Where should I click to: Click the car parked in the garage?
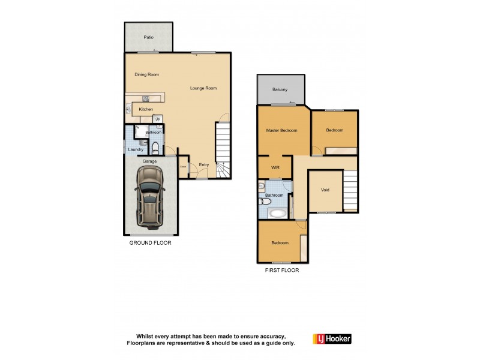(150, 197)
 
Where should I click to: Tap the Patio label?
(148, 37)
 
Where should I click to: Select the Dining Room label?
(146, 74)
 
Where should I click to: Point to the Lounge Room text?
(203, 88)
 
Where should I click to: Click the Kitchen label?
(146, 109)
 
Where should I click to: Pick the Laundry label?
(134, 149)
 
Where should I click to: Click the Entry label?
(204, 165)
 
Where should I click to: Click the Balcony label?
(280, 89)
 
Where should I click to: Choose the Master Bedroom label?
(281, 130)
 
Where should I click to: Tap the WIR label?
(275, 167)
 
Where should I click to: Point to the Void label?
(325, 190)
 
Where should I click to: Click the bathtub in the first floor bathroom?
(277, 213)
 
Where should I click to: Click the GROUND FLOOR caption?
(151, 243)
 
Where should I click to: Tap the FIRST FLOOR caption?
(282, 270)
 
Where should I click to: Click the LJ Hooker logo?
(332, 338)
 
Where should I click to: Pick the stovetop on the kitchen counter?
(146, 98)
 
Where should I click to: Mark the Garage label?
(149, 161)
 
